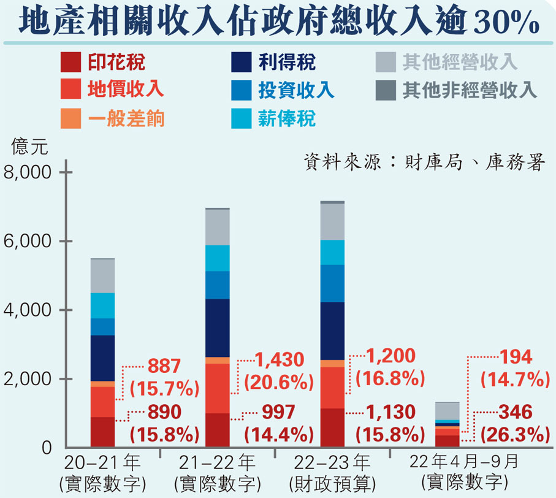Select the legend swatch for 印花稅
pos(71,62)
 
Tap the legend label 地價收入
pos(126,89)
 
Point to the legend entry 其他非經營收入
pos(470,90)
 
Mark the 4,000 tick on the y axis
pos(28,310)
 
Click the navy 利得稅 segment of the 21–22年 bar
pos(217,328)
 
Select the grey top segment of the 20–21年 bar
pos(102,276)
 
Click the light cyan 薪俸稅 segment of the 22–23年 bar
pos(332,252)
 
